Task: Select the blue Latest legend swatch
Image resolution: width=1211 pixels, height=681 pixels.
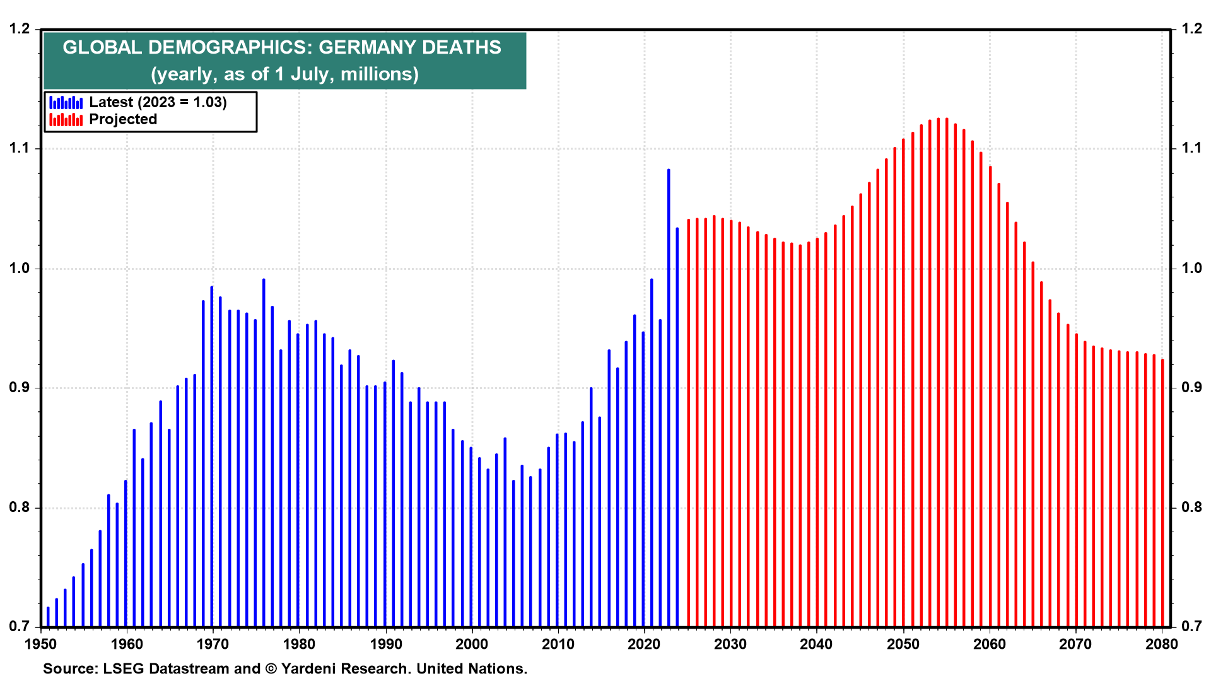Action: pos(66,102)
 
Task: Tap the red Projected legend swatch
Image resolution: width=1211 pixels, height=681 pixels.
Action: pos(66,119)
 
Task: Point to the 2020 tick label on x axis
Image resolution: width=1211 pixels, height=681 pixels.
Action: pos(644,644)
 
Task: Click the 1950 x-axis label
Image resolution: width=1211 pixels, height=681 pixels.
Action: pos(40,644)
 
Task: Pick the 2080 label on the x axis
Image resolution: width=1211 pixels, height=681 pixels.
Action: pos(1161,644)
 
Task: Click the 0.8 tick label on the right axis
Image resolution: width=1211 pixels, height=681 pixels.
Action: pos(1191,508)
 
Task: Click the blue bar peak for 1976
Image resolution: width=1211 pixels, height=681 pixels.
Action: pos(264,280)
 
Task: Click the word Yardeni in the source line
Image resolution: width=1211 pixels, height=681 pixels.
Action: pos(307,668)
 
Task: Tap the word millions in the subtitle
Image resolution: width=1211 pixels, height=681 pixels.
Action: pos(379,74)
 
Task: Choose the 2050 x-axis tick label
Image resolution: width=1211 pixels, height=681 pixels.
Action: pos(903,644)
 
